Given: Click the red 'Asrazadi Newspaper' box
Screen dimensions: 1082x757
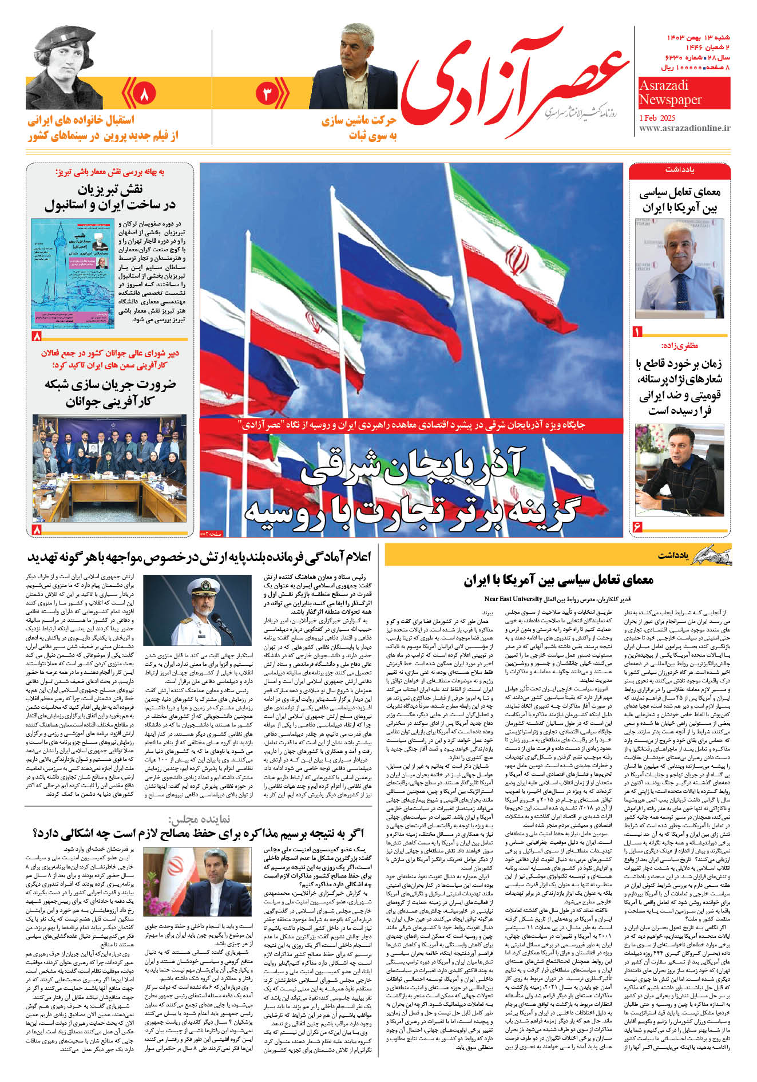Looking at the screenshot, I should pyautogui.click(x=684, y=93).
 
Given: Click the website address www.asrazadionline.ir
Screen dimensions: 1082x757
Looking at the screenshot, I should pyautogui.click(x=684, y=128).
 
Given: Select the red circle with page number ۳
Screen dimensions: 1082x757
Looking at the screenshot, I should pyautogui.click(x=267, y=93).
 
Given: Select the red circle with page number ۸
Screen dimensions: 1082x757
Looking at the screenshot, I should pyautogui.click(x=144, y=93).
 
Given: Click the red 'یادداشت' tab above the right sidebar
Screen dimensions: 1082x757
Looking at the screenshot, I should pyautogui.click(x=679, y=171).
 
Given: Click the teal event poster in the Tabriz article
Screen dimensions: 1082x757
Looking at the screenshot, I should pyautogui.click(x=73, y=273).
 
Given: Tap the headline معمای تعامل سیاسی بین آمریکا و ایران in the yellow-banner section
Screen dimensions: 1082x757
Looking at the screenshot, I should pyautogui.click(x=558, y=580).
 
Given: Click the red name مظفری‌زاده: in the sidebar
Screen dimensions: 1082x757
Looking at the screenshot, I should pyautogui.click(x=679, y=346).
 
